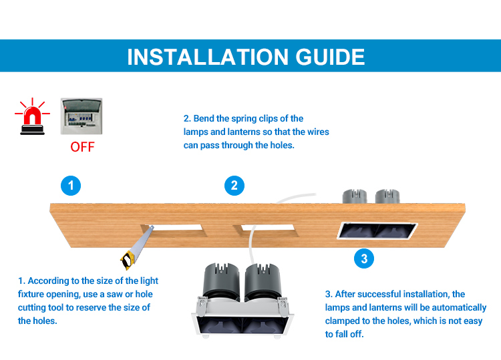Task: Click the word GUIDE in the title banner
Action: (330, 57)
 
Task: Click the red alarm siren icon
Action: (32, 117)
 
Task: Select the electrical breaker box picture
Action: (81, 116)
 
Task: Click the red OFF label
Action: (82, 147)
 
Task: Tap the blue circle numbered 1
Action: (71, 186)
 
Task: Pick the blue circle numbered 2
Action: (234, 186)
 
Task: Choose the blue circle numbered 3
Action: (364, 258)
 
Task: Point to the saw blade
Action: (142, 241)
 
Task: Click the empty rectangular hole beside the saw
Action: (174, 230)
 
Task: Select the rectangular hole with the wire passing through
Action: (266, 230)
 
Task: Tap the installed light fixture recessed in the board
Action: (377, 230)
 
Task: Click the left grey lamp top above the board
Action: (355, 196)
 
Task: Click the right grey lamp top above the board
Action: (387, 196)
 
